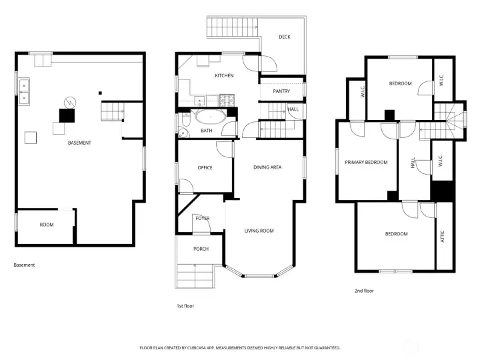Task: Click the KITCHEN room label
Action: pos(224,76)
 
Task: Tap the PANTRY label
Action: pos(281,91)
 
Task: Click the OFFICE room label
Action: pos(205,167)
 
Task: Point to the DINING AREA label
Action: pos(267,167)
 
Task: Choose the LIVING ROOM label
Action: pos(259,231)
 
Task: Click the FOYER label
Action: pos(202,219)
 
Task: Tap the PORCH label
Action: pos(201,249)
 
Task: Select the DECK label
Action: pos(285,37)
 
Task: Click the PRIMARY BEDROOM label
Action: pos(366,162)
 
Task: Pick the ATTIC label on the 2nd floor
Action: pos(443,237)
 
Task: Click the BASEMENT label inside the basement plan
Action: pos(79,143)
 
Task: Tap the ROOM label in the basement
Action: pos(46,225)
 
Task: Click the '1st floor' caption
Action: pos(185,306)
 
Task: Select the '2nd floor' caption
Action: pos(363,291)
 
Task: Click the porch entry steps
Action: pos(198,275)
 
